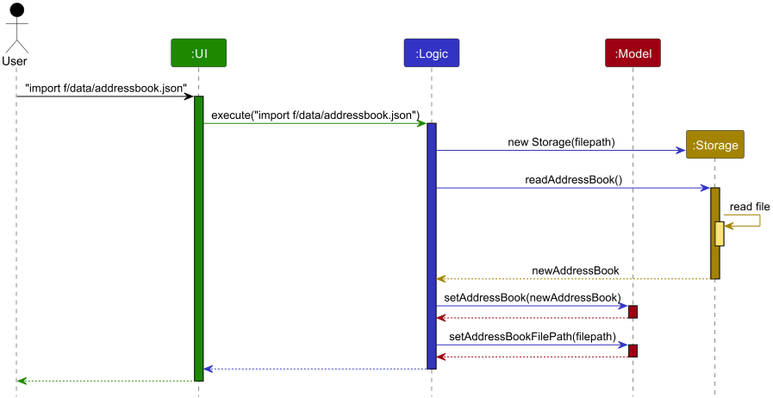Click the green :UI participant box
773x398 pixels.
point(198,53)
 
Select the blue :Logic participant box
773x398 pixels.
point(431,53)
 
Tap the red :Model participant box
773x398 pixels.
point(633,53)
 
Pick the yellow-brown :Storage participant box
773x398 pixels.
point(714,145)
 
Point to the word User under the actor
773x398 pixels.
point(16,61)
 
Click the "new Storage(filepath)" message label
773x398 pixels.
point(561,141)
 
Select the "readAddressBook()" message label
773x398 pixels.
point(573,180)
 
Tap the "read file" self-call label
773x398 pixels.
point(749,207)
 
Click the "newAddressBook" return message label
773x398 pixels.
point(575,271)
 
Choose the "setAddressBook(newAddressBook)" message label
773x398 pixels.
point(532,297)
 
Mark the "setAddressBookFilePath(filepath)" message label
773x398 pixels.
point(533,337)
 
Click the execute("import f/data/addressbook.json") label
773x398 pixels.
point(315,115)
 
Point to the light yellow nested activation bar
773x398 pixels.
point(720,233)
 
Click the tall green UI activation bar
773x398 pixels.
point(198,238)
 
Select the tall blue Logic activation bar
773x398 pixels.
point(431,246)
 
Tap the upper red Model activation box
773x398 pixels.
point(633,311)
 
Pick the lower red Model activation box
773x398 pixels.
point(633,351)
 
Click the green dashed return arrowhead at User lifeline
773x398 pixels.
point(21,381)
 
